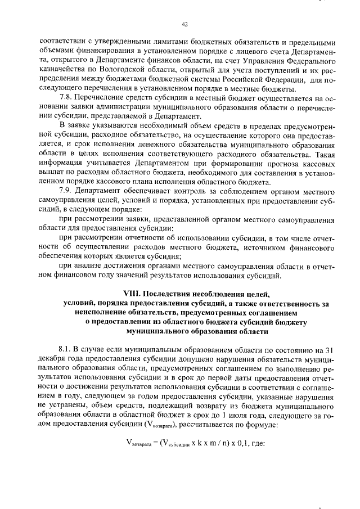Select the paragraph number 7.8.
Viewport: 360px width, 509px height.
tap(66, 97)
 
